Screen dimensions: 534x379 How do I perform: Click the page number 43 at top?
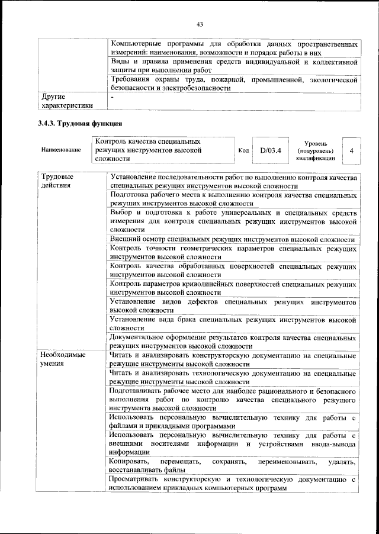pos(200,24)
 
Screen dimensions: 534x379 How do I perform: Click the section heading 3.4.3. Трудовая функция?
pos(80,124)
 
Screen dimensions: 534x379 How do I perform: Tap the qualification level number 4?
pos(351,150)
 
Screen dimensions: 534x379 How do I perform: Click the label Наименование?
pos(61,150)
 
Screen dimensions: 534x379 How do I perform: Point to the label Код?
pos(243,150)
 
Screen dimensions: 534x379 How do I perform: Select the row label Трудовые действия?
pos(57,181)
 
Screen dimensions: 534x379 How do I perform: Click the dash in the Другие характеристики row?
pos(113,96)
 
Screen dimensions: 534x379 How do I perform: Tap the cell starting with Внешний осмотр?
pos(233,239)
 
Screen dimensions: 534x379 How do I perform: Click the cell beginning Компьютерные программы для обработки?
pos(234,49)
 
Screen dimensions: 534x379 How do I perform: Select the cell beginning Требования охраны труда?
pos(234,83)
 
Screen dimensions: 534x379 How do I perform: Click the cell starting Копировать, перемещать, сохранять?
pos(233,465)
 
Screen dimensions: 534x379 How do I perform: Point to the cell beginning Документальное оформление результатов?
pos(233,342)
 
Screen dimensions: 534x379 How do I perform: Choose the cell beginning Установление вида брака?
pos(233,324)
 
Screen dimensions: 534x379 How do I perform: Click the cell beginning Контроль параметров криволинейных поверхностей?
pos(233,288)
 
